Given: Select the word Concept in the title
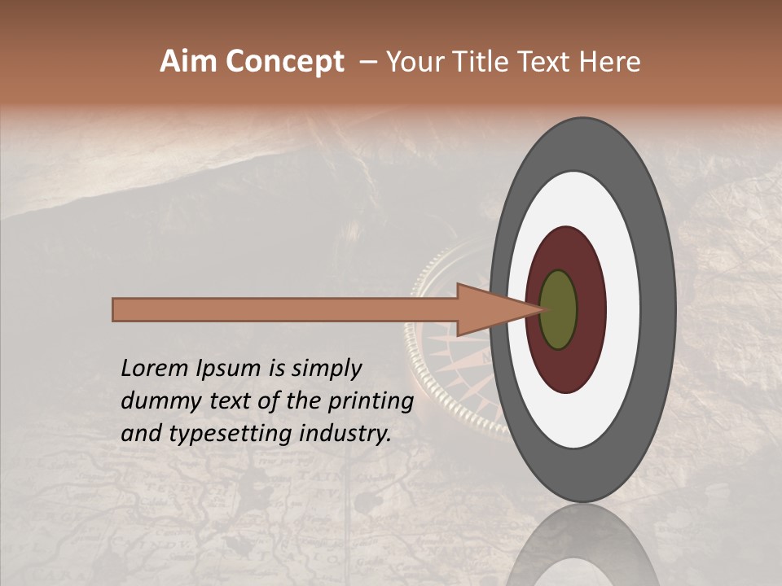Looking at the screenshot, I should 285,62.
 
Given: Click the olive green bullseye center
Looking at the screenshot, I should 558,310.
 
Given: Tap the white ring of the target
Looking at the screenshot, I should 623,310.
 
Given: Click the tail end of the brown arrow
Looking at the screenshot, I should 119,310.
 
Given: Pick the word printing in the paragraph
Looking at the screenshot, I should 371,402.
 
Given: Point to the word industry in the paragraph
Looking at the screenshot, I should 345,434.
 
